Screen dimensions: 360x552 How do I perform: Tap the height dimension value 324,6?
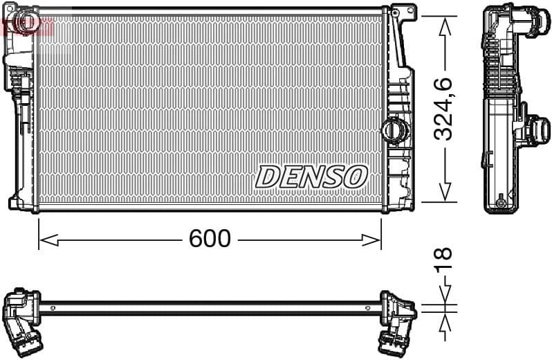point(443,109)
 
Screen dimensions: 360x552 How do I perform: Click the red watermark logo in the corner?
point(28,26)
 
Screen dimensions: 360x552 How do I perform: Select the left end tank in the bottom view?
point(25,315)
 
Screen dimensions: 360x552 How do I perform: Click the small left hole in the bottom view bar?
point(53,307)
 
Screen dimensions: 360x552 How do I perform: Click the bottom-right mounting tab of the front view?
point(401,204)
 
